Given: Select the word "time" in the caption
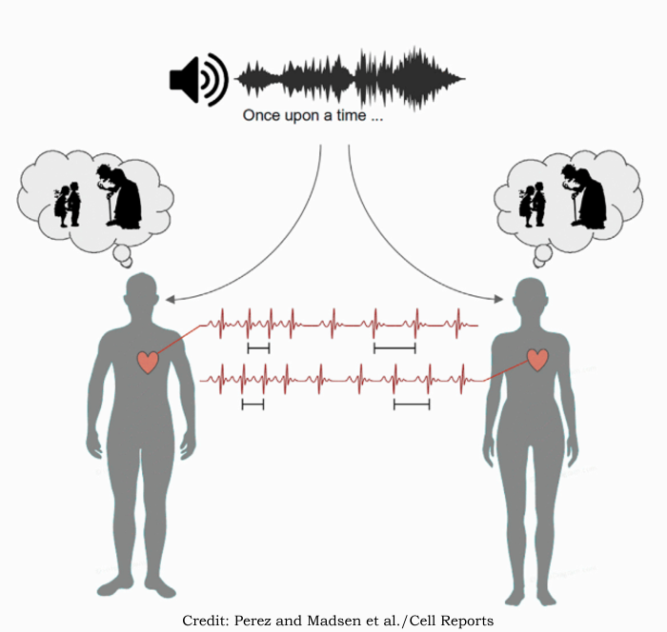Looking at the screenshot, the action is point(352,115).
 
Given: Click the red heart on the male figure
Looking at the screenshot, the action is point(148,362).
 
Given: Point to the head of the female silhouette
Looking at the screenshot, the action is point(530,295).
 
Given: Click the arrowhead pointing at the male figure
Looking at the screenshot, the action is point(170,300).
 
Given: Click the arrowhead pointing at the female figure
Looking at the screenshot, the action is point(498,299).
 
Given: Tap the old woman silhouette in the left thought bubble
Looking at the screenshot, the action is point(120,196).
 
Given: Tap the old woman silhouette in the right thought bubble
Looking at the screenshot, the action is point(584,196).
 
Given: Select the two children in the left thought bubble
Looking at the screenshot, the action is point(68,205).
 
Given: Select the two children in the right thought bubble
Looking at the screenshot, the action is point(532,205).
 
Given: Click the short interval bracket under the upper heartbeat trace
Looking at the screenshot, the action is point(258,349).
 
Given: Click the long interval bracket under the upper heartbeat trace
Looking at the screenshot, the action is point(394,349).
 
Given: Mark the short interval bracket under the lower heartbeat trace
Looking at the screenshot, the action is point(253,405).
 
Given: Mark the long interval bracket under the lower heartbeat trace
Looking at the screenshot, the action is point(412,405).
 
